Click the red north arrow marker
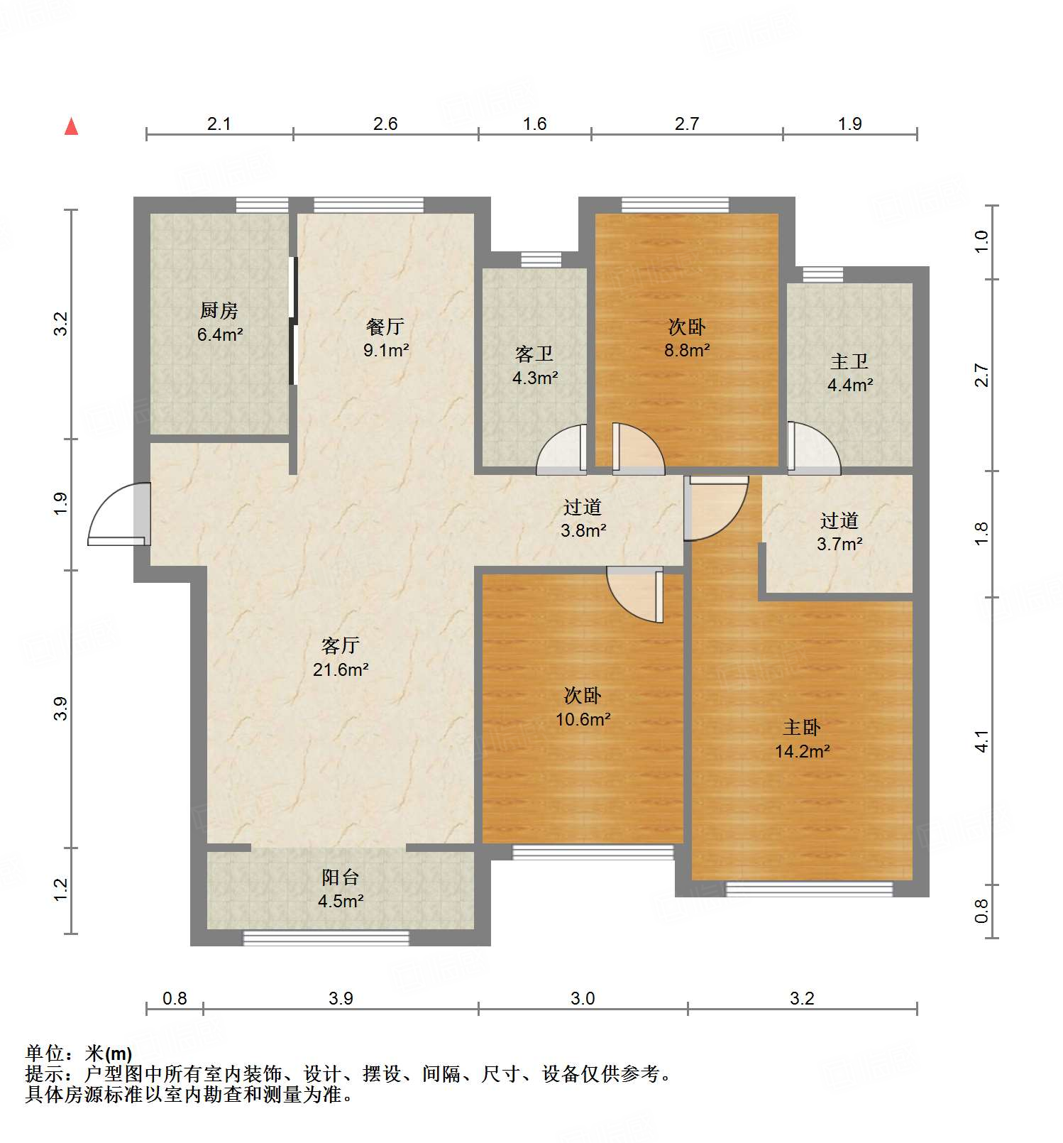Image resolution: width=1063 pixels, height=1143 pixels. tap(71, 127)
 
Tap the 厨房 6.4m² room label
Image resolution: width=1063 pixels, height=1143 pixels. tap(219, 322)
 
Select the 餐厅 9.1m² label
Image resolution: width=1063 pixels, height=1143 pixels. tap(385, 337)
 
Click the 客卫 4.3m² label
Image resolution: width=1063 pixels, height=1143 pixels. tap(534, 365)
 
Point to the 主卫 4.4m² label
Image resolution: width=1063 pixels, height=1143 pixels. tap(849, 373)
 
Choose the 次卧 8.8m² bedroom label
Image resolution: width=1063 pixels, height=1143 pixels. tap(687, 338)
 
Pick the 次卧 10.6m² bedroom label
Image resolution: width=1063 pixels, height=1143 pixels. tap(583, 707)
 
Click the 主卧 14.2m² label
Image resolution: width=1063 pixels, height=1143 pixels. tap(802, 739)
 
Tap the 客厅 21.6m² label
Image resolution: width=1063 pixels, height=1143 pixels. tap(341, 657)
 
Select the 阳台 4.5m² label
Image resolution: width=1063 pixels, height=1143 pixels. tap(341, 889)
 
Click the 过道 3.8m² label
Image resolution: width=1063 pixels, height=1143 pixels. tap(583, 518)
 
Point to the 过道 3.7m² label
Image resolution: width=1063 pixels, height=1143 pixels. tap(839, 532)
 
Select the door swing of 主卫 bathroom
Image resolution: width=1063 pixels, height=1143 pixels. tap(813, 449)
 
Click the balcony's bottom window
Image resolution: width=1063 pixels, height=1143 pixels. tap(326, 938)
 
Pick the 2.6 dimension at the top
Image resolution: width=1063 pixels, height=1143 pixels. tap(385, 124)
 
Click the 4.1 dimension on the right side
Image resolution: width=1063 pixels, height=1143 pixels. tap(981, 741)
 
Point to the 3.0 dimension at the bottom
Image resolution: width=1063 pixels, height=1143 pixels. tap(583, 998)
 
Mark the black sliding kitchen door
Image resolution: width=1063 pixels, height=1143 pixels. tap(292, 321)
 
